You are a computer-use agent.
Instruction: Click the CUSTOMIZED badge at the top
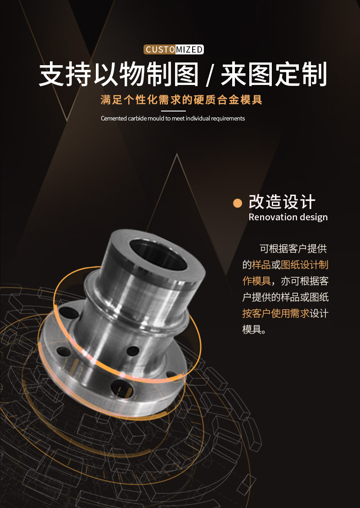point(174,49)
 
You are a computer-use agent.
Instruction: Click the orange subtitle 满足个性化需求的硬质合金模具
point(181,99)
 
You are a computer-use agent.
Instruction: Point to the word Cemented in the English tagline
point(113,118)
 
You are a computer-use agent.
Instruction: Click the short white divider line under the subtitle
point(173,111)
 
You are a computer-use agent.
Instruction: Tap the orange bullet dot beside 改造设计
point(238,203)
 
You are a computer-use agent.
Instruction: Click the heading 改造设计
point(282,202)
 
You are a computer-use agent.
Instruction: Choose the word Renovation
point(268,217)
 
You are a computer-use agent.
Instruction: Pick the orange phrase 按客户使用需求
point(276,313)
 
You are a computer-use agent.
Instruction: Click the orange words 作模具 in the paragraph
point(256,281)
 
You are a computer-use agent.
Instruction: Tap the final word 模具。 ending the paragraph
point(254,330)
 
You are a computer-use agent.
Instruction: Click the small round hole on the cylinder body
point(133,351)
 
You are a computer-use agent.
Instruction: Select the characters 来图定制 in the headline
point(274,75)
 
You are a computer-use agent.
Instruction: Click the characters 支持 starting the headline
point(65,75)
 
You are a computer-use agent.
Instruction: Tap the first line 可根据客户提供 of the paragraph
point(293,249)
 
